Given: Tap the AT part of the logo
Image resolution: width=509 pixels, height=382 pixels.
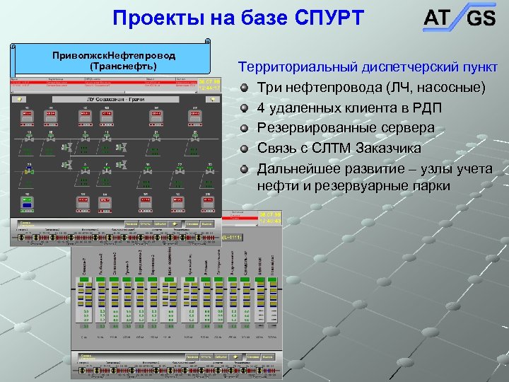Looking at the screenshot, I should coord(436,17).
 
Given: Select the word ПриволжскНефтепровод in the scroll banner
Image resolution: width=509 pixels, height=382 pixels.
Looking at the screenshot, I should coord(114,55).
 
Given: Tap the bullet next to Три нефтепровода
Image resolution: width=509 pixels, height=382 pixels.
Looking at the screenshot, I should coord(245,88).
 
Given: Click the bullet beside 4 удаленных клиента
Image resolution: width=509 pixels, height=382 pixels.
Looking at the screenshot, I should coord(245,108).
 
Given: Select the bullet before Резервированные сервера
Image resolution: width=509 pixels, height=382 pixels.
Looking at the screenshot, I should coord(245,129).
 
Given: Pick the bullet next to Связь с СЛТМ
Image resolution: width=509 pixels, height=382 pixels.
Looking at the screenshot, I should coord(245,149).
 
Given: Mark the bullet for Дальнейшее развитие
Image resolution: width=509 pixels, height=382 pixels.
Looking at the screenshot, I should coord(245,169).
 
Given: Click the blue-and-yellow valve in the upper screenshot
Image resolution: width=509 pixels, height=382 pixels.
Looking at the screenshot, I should coord(30,170).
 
